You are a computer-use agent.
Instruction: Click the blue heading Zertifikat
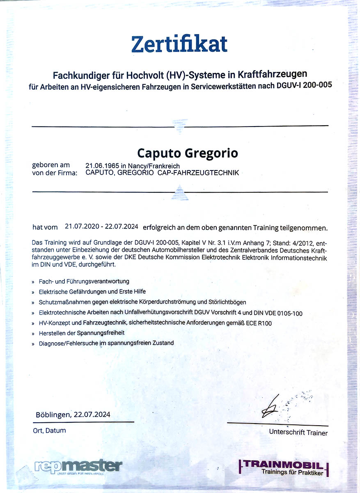(179, 44)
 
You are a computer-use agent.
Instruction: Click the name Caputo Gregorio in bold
(188, 154)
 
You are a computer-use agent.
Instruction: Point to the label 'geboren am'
(51, 165)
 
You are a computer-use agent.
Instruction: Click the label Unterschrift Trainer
(298, 433)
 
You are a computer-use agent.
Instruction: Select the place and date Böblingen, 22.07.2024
(73, 415)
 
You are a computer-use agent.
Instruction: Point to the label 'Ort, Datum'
(49, 431)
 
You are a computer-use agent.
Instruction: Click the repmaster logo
(78, 467)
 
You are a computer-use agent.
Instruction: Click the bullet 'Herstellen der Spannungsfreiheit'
(81, 333)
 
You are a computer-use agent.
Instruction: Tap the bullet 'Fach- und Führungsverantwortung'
(84, 281)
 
